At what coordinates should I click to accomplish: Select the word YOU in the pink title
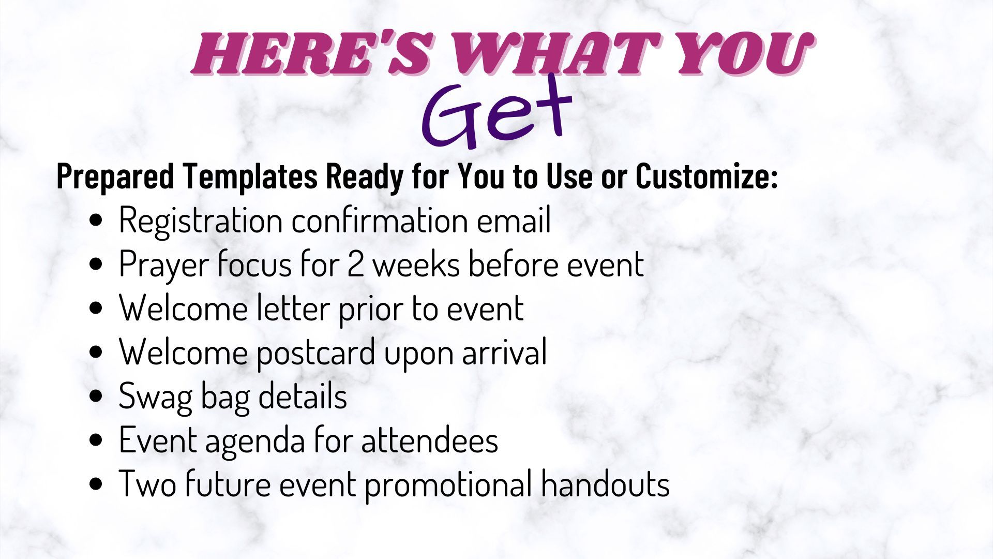[x=738, y=54]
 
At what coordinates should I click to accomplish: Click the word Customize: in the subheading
[x=706, y=177]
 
